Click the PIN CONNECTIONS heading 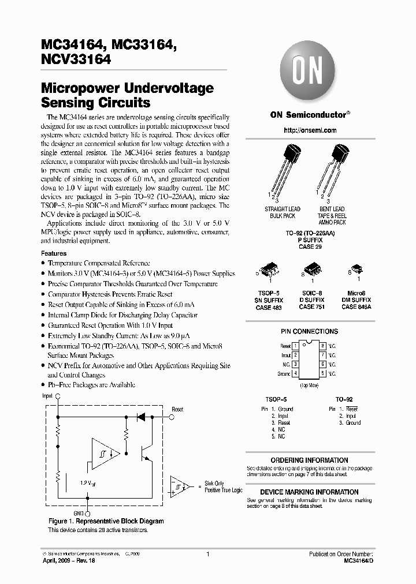pyautogui.click(x=310, y=332)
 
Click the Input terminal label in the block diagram pyautogui.click(x=47, y=396)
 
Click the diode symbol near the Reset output pyautogui.click(x=140, y=415)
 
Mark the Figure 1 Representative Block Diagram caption pyautogui.click(x=106, y=521)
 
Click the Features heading pyautogui.click(x=54, y=253)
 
